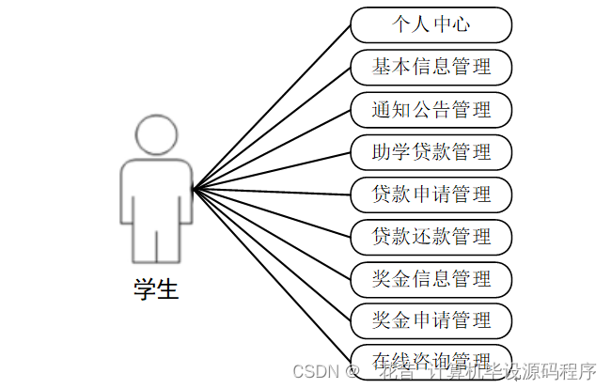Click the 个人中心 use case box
coord(431,24)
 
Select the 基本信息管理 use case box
coord(431,67)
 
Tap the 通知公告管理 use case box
coord(431,109)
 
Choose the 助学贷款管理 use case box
coord(431,151)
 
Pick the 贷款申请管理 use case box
coord(431,194)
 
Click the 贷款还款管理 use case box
coord(431,236)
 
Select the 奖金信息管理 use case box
coord(431,278)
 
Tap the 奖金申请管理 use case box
coord(431,319)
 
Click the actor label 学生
coord(155,288)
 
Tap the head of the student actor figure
coord(156,134)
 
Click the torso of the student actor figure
coord(156,193)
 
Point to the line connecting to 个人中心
coord(273,105)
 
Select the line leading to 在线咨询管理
coord(273,277)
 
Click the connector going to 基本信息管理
coord(273,127)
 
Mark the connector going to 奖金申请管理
coord(273,257)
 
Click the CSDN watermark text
coord(314,371)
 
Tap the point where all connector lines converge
coord(193,191)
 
